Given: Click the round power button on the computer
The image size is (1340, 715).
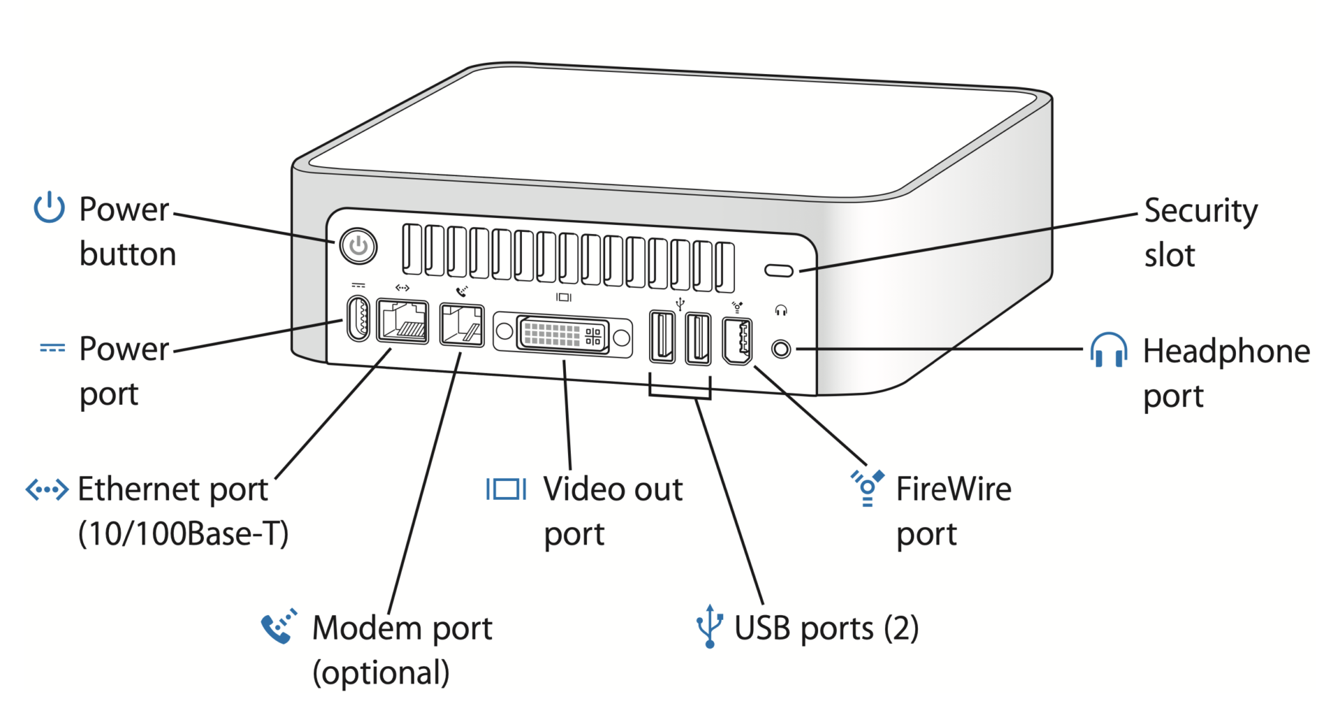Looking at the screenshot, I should [358, 246].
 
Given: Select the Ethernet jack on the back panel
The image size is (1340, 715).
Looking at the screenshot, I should [403, 321].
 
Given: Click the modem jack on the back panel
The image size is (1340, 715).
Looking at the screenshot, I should [462, 325].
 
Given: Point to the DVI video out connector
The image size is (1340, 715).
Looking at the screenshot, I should [563, 334].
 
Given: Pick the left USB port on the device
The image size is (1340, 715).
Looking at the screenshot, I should [662, 337].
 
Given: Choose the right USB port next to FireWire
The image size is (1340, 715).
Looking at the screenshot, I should [698, 339].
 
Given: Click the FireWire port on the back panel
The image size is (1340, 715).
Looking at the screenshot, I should [737, 341].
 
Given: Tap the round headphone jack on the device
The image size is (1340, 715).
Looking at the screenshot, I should [782, 348].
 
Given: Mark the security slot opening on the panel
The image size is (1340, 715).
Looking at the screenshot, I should [779, 270].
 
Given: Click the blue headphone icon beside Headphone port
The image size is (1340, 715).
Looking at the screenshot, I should [1108, 350].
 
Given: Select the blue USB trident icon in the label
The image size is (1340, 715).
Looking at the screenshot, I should [709, 626].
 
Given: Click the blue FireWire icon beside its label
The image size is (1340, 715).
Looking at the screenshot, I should [868, 487].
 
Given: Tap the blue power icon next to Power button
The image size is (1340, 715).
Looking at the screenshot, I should [50, 207].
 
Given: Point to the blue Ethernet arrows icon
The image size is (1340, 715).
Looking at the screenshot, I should [47, 489].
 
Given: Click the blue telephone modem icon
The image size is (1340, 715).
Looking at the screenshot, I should [278, 626].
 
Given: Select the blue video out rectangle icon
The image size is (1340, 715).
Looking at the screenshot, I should [507, 489].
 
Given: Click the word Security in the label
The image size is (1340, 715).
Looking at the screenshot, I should [1200, 211].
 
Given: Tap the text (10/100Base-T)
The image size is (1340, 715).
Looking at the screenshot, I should [183, 534].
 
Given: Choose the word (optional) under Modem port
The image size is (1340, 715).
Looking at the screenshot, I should [381, 673].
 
